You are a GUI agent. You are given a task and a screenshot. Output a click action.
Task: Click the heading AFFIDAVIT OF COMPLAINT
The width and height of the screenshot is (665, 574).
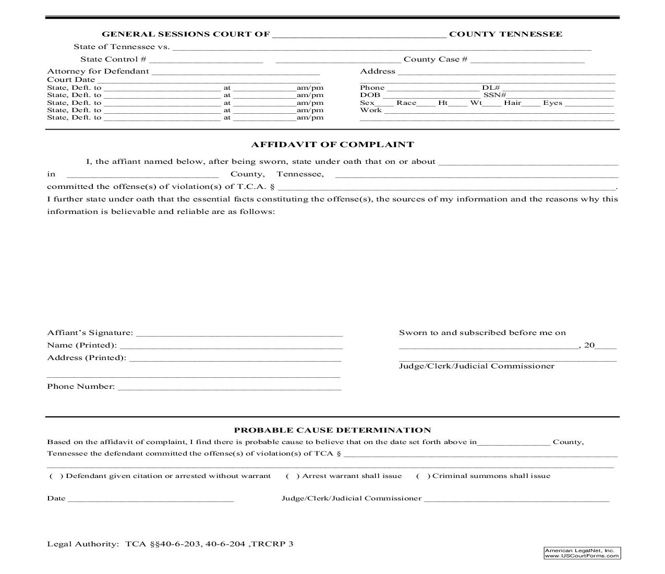(x=332, y=145)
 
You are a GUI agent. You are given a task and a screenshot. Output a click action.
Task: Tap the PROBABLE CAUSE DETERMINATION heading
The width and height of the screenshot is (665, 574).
(x=332, y=430)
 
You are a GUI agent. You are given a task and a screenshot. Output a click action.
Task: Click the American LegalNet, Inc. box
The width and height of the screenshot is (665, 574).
(x=582, y=553)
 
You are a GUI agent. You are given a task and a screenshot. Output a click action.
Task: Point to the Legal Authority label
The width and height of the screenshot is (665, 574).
(x=83, y=544)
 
